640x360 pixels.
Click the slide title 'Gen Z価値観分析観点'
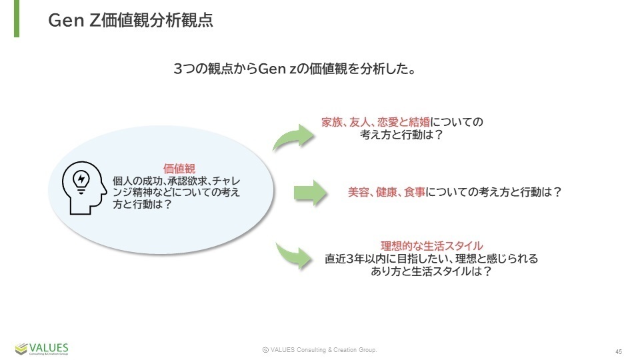pyautogui.click(x=131, y=20)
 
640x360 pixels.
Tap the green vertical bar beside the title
pyautogui.click(x=17, y=19)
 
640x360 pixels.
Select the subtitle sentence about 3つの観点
pyautogui.click(x=295, y=69)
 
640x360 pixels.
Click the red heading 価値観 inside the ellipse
pyautogui.click(x=179, y=168)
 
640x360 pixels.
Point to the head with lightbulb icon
pyautogui.click(x=84, y=188)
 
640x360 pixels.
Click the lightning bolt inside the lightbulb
pyautogui.click(x=81, y=179)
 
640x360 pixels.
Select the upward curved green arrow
pyautogui.click(x=295, y=136)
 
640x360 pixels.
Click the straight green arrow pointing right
pyautogui.click(x=310, y=192)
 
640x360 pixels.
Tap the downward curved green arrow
pyautogui.click(x=295, y=256)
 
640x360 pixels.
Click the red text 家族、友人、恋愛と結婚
pyautogui.click(x=375, y=121)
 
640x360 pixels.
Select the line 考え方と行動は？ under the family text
pyautogui.click(x=401, y=134)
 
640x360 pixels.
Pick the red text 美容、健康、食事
pyautogui.click(x=387, y=192)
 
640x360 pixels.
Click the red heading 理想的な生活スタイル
pyautogui.click(x=431, y=246)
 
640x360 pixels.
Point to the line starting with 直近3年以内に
pyautogui.click(x=431, y=259)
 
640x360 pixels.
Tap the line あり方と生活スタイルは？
pyautogui.click(x=431, y=271)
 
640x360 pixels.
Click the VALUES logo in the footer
pyautogui.click(x=41, y=349)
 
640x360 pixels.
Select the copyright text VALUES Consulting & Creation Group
pyautogui.click(x=319, y=350)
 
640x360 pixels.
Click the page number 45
pyautogui.click(x=619, y=351)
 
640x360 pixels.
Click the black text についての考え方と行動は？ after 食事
pyautogui.click(x=494, y=192)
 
